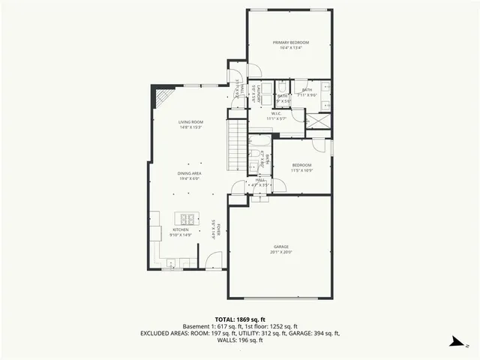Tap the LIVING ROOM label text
point(190,121)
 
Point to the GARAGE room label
point(281,247)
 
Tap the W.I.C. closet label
point(276,113)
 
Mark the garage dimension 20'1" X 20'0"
point(281,252)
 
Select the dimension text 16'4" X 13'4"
point(291,48)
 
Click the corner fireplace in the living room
point(163,97)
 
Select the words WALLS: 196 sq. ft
point(240,340)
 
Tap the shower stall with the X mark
point(316,120)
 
